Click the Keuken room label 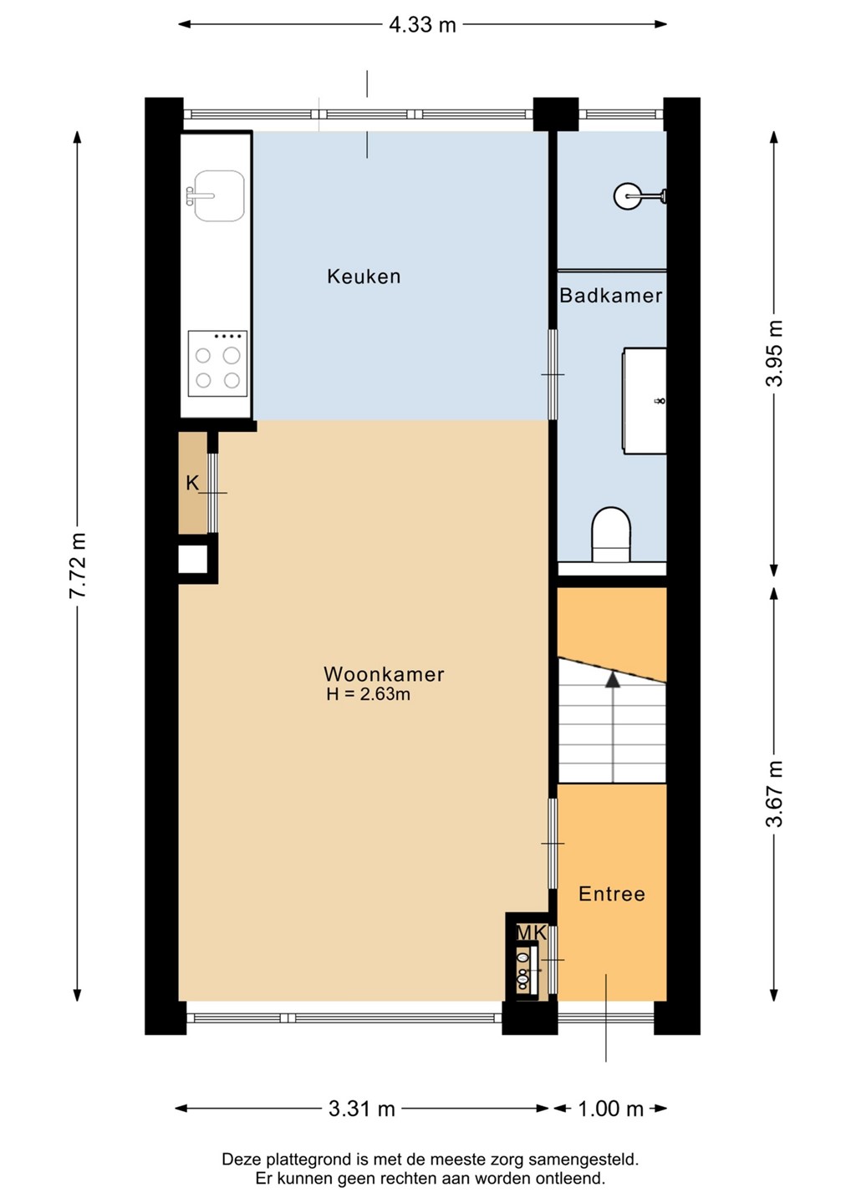[x=364, y=277]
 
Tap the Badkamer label [x=611, y=296]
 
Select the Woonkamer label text [x=384, y=674]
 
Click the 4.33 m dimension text [x=422, y=25]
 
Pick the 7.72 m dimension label [x=78, y=566]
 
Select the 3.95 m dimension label [x=774, y=353]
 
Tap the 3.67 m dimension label [x=774, y=794]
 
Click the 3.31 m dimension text [x=362, y=1109]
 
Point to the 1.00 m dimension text [x=610, y=1109]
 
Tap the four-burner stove [x=217, y=363]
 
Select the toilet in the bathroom [x=610, y=535]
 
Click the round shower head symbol [x=627, y=196]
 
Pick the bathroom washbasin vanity [x=645, y=401]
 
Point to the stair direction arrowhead [x=613, y=679]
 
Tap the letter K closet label [x=192, y=484]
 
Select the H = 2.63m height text [x=368, y=694]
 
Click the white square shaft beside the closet [x=193, y=559]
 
